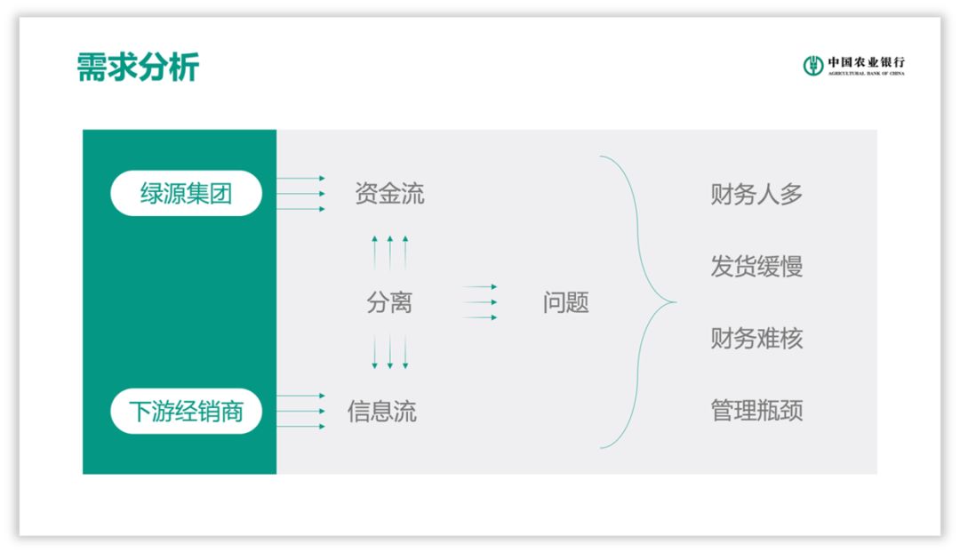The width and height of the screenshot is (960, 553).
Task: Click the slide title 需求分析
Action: [138, 68]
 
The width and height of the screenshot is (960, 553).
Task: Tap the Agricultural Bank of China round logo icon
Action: [813, 65]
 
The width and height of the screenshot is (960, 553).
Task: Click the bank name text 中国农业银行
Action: [867, 61]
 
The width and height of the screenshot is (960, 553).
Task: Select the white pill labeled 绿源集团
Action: [186, 194]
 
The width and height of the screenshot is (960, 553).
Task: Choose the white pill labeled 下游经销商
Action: [186, 412]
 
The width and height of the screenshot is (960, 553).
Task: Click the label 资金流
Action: [389, 194]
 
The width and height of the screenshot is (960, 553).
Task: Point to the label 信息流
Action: [381, 412]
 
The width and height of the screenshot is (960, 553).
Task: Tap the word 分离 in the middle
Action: [389, 302]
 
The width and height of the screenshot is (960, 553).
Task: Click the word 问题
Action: [565, 302]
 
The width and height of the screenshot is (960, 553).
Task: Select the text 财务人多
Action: [756, 194]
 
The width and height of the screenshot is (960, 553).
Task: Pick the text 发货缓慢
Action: [756, 266]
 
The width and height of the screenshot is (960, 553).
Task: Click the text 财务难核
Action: [756, 339]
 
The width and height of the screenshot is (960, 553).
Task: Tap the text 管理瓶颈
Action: [756, 411]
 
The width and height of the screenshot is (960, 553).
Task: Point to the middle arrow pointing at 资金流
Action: [300, 194]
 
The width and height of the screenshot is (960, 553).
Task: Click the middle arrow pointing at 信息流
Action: [300, 412]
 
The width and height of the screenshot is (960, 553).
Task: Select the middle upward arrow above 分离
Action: [389, 252]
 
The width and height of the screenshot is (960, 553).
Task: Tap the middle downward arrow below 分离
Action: [389, 352]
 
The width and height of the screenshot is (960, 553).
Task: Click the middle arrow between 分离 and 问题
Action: [480, 302]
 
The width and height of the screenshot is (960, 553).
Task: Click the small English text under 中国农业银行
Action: [867, 74]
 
